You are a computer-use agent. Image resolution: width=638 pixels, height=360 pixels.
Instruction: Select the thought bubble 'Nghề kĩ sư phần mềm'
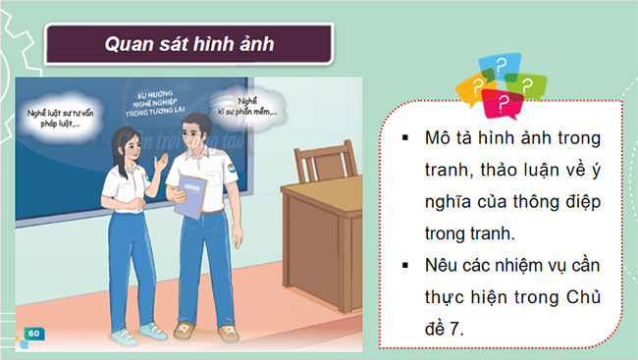coord(251,106)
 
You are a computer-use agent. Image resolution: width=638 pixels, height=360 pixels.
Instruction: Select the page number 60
coord(33,334)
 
